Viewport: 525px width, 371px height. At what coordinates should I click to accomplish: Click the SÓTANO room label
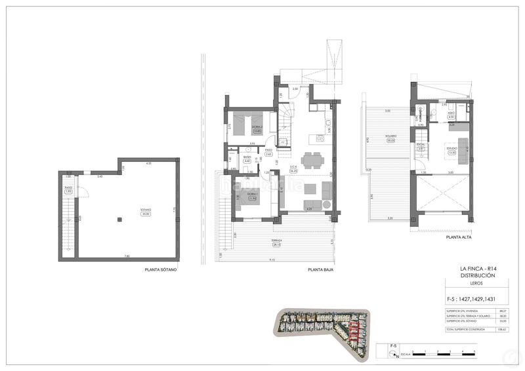tap(146, 210)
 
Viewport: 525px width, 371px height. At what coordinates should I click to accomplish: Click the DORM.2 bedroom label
tap(257, 128)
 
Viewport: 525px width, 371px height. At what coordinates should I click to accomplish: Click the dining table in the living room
tap(311, 159)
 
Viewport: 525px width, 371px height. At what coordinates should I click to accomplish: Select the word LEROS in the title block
tap(468, 284)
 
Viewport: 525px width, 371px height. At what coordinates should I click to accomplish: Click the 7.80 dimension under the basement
tap(127, 256)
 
